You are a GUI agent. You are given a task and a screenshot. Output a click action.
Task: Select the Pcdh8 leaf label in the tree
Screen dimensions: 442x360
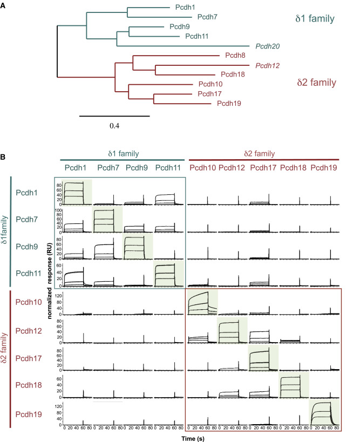pos(233,55)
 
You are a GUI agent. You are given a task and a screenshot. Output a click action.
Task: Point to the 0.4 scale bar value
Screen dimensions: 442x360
pos(114,126)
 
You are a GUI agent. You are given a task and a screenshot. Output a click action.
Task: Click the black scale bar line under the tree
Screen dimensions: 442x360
pos(114,115)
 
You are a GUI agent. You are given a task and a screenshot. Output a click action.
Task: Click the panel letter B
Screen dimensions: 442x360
pos(4,157)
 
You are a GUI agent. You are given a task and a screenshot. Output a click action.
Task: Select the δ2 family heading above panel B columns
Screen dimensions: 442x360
pos(263,154)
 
